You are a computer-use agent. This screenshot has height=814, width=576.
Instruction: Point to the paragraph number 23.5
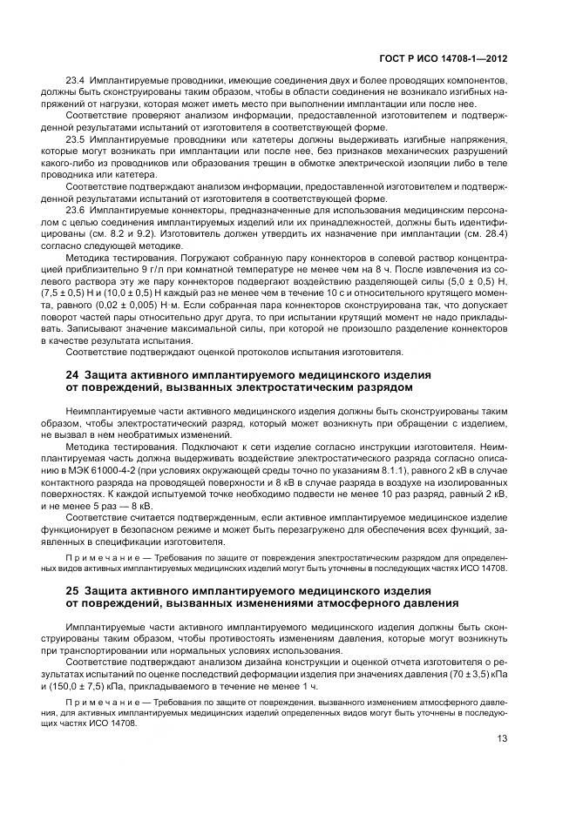coord(78,139)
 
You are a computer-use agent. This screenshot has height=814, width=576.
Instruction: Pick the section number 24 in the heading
coord(73,374)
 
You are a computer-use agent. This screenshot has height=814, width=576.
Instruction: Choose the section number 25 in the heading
coord(73,590)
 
